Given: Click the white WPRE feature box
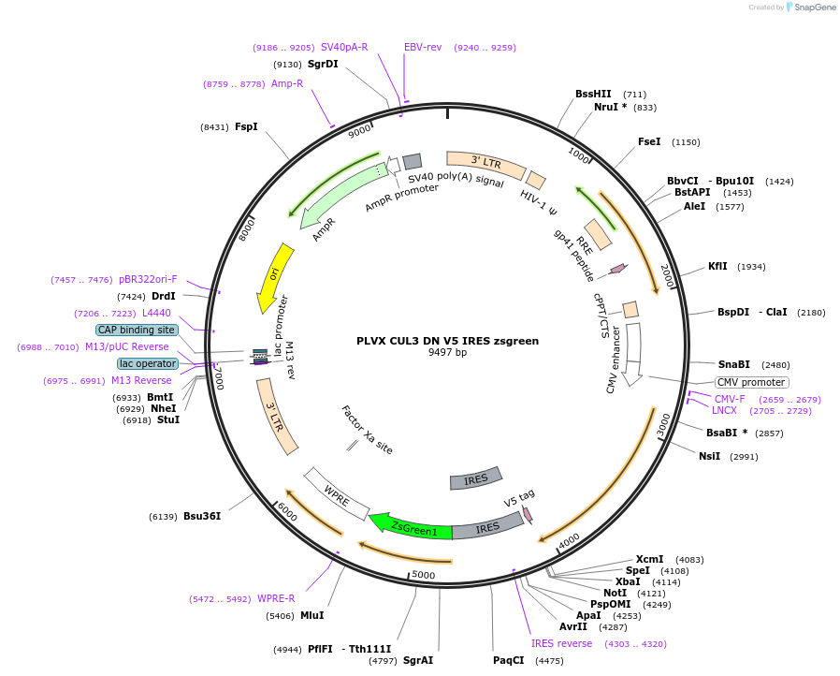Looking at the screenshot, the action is [x=337, y=494].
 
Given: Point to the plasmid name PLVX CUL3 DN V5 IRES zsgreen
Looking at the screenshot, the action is [x=447, y=341].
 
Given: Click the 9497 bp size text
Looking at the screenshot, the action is [x=447, y=352].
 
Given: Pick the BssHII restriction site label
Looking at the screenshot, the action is [x=593, y=94].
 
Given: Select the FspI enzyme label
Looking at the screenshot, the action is [x=246, y=126].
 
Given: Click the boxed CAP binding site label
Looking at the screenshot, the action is [x=137, y=330].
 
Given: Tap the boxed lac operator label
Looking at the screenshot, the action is [x=147, y=363].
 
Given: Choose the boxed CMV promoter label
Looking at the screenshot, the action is [x=751, y=382].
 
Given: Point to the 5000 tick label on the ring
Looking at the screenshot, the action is [x=423, y=575].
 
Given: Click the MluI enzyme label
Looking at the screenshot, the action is [x=311, y=615].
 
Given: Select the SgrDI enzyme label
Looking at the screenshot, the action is [x=323, y=64].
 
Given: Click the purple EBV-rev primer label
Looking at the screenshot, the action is [x=423, y=47].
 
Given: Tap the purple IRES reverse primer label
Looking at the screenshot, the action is [x=561, y=643].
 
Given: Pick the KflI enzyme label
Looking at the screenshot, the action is [x=717, y=267].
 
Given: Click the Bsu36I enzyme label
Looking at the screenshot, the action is [x=202, y=516].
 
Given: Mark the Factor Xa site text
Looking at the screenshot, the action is [x=367, y=430].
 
